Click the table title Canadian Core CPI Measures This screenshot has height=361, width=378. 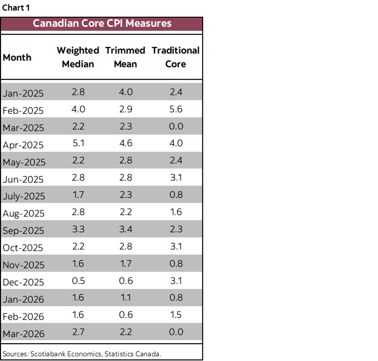pos(102,23)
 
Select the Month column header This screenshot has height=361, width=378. pos(17,57)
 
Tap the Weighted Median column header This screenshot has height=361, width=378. pos(78,57)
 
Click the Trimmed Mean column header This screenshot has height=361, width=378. pos(125,57)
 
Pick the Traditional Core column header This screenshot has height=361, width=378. pos(175,57)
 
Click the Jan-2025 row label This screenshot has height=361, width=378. pos(23,94)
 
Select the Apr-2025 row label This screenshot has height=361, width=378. pos(23,145)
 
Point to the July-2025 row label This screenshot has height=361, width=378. pos(24,196)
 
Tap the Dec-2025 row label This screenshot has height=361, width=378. pos(23,282)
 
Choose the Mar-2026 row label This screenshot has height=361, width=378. pos(24,334)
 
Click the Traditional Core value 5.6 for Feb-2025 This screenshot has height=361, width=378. pos(176,109)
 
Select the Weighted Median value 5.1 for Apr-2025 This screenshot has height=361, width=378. pos(78,143)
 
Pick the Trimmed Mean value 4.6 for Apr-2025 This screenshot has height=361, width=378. pos(125,143)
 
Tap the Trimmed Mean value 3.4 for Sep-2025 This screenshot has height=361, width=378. pos(125,229)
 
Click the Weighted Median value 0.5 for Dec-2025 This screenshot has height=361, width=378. pos(78,280)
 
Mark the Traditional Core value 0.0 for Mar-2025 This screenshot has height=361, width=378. pos(176,126)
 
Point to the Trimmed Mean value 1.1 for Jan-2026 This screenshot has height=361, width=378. pos(125,298)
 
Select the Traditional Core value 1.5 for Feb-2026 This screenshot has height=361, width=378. pos(176,315)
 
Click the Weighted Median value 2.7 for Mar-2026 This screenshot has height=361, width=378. pos(78,332)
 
